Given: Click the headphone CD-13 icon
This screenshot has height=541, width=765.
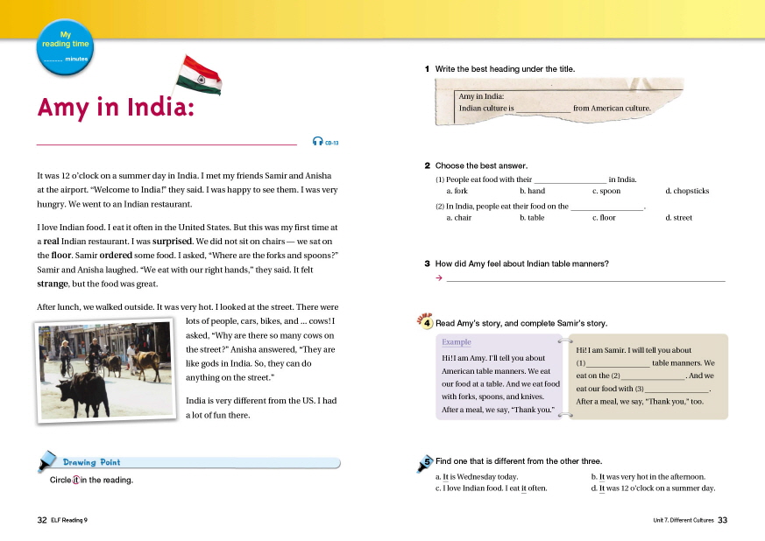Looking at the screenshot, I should pos(325,141).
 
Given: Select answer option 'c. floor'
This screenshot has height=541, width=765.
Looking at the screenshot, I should pos(604,218).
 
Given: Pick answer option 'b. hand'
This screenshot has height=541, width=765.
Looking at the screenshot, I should pos(532,191).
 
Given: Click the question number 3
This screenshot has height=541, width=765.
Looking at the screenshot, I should pos(427,263).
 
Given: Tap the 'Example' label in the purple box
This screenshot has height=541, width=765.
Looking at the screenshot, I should pos(456,342).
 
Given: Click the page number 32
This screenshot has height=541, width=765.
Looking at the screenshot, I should pos(41,519).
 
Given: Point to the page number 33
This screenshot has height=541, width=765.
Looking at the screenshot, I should pos(723,519).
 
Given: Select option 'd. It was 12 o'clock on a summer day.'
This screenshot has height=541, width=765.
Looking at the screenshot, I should pos(654,488).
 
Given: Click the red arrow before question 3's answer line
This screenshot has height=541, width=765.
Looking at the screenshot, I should pos(438,278).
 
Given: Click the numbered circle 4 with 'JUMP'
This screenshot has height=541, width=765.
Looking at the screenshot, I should pos(426,322).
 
